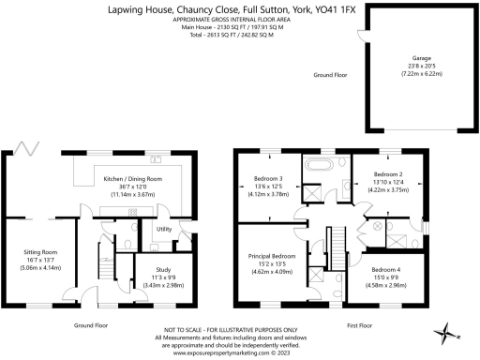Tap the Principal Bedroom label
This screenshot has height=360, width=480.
[x=270, y=256]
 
